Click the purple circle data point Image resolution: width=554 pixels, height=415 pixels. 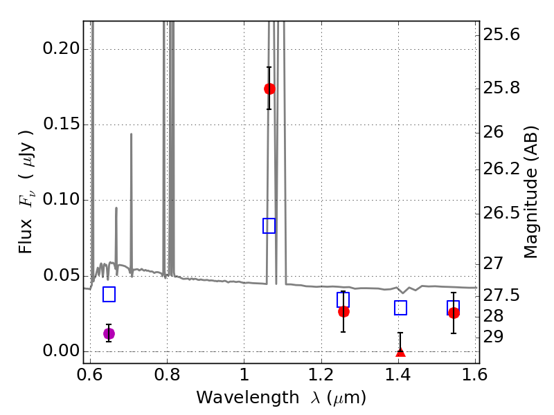[109, 333]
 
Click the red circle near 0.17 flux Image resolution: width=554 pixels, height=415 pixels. [269, 89]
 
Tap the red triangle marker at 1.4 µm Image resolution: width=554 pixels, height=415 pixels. [400, 353]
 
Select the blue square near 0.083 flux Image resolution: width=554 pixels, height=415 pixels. [269, 225]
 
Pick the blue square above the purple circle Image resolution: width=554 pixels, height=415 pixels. [109, 295]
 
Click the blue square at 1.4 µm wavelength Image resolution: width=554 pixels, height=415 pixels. [400, 308]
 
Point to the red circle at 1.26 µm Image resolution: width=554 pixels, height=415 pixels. [343, 311]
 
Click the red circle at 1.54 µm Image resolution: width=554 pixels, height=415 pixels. [454, 313]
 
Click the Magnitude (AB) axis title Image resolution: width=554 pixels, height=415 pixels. [531, 192]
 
